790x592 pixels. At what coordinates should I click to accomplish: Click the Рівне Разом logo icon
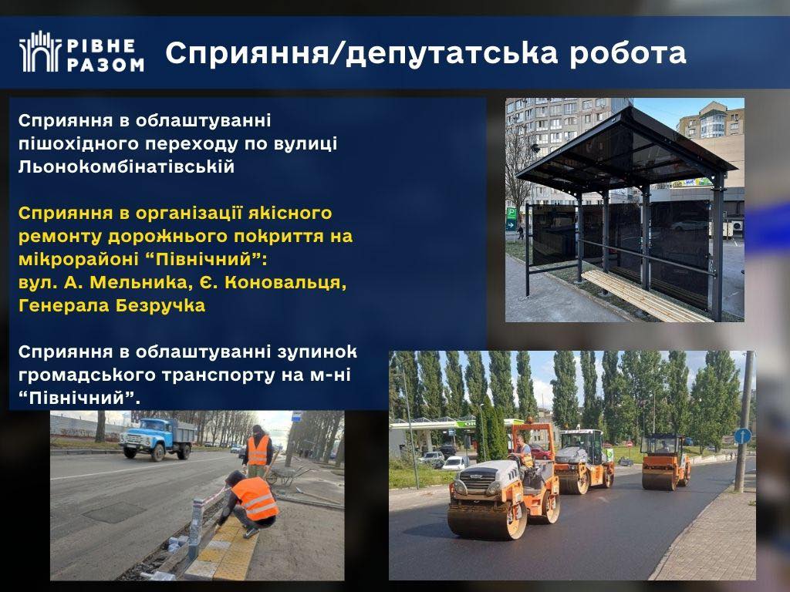(40, 52)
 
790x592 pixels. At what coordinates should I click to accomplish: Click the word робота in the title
(628, 53)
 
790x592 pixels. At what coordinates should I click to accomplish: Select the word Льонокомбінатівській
(127, 166)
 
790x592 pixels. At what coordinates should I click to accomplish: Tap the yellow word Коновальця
(285, 282)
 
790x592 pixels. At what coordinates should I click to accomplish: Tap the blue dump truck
(157, 439)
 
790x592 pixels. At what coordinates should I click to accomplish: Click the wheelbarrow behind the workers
(288, 475)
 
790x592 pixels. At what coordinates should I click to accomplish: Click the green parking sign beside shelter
(511, 218)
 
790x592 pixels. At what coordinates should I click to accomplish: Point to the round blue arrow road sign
(742, 436)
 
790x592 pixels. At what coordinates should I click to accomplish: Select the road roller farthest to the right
(665, 461)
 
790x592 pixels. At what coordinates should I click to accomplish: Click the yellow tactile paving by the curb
(225, 550)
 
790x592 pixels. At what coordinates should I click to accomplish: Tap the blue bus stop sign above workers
(296, 415)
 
